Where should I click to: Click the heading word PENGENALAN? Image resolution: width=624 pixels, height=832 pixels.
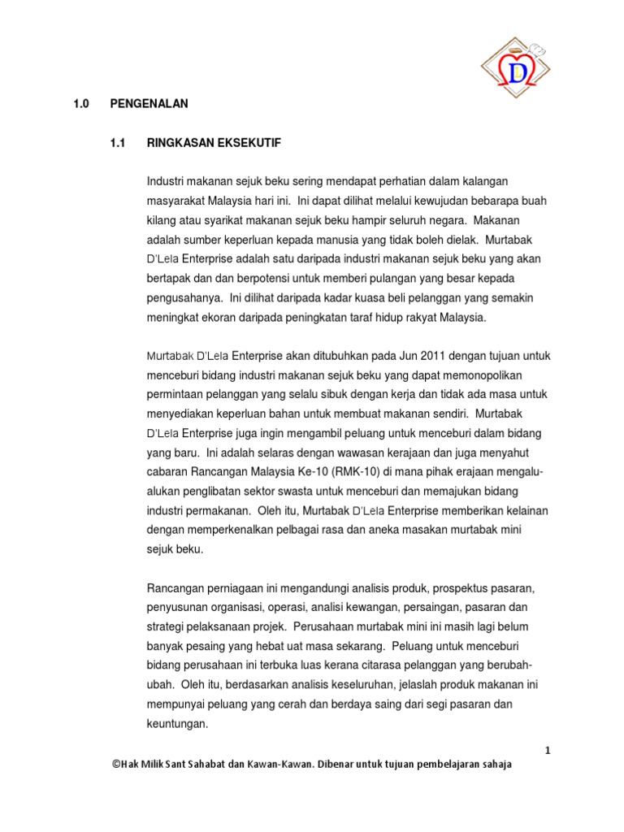tap(149, 103)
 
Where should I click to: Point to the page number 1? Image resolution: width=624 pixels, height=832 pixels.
tap(548, 750)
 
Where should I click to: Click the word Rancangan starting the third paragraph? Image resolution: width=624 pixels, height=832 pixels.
tap(175, 587)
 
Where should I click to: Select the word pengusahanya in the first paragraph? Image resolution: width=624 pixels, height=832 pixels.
tap(182, 298)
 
